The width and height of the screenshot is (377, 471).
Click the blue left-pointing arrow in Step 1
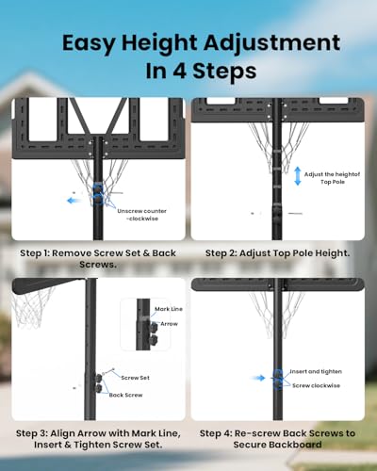click(x=74, y=201)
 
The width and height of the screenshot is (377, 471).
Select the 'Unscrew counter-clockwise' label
click(x=142, y=215)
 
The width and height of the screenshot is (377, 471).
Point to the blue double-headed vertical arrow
click(x=298, y=176)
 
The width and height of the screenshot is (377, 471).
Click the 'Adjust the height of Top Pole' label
click(x=332, y=178)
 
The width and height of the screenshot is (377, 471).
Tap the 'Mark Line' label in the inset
click(x=169, y=309)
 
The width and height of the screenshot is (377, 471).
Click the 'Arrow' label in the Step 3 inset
click(x=169, y=324)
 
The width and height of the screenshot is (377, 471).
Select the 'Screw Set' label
click(x=136, y=378)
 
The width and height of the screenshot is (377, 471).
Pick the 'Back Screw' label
click(x=125, y=395)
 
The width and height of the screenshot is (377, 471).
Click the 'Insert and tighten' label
click(x=316, y=371)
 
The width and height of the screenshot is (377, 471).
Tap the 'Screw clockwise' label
click(x=316, y=385)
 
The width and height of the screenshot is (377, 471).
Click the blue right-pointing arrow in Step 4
click(x=258, y=378)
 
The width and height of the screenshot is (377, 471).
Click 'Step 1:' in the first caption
click(x=35, y=253)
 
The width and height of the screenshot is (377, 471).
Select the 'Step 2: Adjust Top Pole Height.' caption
click(x=278, y=253)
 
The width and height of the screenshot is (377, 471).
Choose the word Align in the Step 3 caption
click(x=62, y=433)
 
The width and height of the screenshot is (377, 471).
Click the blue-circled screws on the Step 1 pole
click(x=98, y=194)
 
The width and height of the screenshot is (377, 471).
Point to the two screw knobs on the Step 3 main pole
click(x=99, y=383)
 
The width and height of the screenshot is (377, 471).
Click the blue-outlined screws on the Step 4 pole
click(x=278, y=380)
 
